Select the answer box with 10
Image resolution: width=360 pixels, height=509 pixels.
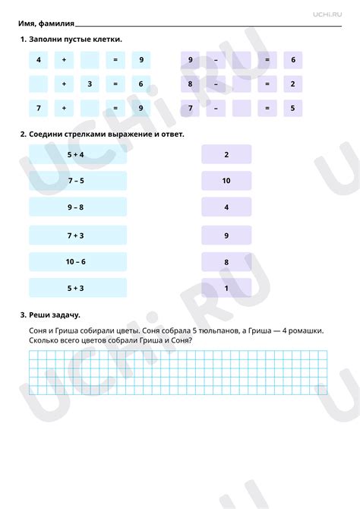pyautogui.click(x=226, y=181)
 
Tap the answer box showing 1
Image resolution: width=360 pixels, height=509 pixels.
pyautogui.click(x=226, y=288)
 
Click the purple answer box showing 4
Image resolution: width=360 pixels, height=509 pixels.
pyautogui.click(x=226, y=207)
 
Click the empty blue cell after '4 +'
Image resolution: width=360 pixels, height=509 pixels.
pyautogui.click(x=90, y=59)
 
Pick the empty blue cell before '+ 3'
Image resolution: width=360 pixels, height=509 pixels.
pyautogui.click(x=38, y=84)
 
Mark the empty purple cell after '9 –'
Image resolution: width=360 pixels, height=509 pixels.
pyautogui.click(x=242, y=59)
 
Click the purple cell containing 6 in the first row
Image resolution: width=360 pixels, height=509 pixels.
pyautogui.click(x=292, y=59)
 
